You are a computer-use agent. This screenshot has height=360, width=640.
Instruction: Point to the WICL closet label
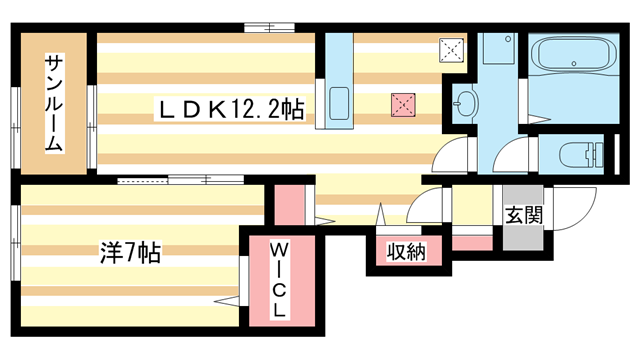tap(279, 278)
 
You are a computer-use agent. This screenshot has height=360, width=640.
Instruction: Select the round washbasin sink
tap(465, 101)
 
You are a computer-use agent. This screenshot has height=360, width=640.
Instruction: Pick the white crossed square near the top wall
tap(453, 48)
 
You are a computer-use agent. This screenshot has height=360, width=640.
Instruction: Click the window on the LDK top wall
tap(270, 26)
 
